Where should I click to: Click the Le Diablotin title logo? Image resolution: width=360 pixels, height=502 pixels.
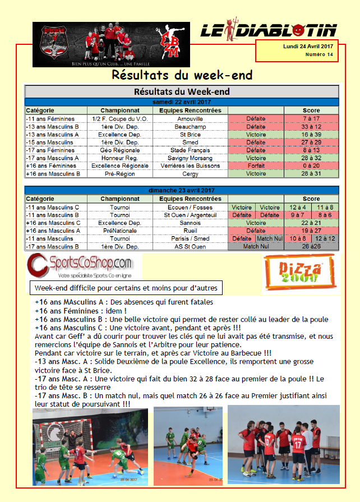(x=269, y=30)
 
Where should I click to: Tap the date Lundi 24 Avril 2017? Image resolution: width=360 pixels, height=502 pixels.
(x=308, y=46)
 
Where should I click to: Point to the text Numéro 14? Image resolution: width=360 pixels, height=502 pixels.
(x=319, y=54)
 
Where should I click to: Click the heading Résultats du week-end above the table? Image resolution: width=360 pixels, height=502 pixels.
(x=182, y=75)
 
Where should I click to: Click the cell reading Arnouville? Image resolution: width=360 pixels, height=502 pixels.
(x=190, y=119)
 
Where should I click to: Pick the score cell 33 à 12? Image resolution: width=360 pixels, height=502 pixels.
(x=311, y=127)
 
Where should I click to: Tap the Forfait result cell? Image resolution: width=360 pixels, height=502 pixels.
(x=256, y=166)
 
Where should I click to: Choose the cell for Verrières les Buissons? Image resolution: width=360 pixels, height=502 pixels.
(x=190, y=166)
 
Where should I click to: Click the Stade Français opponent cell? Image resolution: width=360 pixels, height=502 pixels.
(x=190, y=150)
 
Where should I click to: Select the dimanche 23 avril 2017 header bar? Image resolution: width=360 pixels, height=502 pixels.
(x=182, y=191)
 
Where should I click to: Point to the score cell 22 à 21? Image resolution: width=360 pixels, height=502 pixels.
(x=311, y=223)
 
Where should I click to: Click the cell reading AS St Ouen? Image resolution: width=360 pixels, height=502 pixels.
(x=190, y=246)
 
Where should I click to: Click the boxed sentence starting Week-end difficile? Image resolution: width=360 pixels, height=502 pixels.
(x=126, y=288)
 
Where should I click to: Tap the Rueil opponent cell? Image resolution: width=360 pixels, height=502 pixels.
(x=190, y=231)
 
